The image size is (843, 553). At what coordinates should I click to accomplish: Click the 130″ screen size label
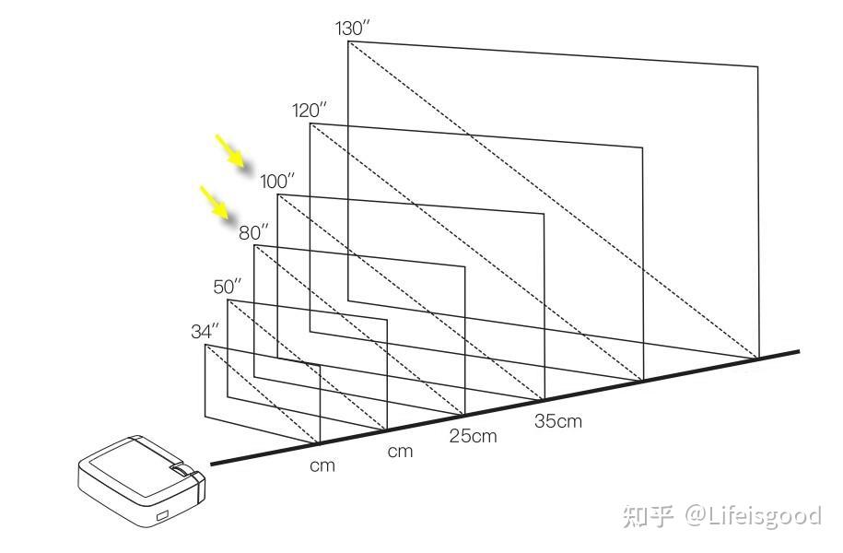point(353,28)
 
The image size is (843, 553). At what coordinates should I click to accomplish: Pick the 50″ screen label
point(228,287)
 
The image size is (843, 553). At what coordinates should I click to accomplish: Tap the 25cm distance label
point(472,435)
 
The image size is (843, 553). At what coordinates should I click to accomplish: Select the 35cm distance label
point(557,421)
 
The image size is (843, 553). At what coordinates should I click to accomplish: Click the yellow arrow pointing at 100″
point(231,152)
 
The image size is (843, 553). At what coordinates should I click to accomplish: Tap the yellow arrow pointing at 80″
point(215,203)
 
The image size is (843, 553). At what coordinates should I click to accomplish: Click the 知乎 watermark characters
point(650,516)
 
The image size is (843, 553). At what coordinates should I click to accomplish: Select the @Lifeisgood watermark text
point(752,515)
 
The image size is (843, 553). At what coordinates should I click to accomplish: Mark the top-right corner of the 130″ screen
point(757,66)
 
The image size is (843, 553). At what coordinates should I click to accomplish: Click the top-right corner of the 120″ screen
point(641,147)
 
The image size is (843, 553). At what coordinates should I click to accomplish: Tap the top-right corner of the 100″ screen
point(544,214)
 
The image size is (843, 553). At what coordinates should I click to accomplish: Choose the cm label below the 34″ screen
point(322,465)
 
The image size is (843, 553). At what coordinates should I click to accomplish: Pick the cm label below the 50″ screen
point(400,452)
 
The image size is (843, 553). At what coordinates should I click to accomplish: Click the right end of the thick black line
point(798,351)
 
